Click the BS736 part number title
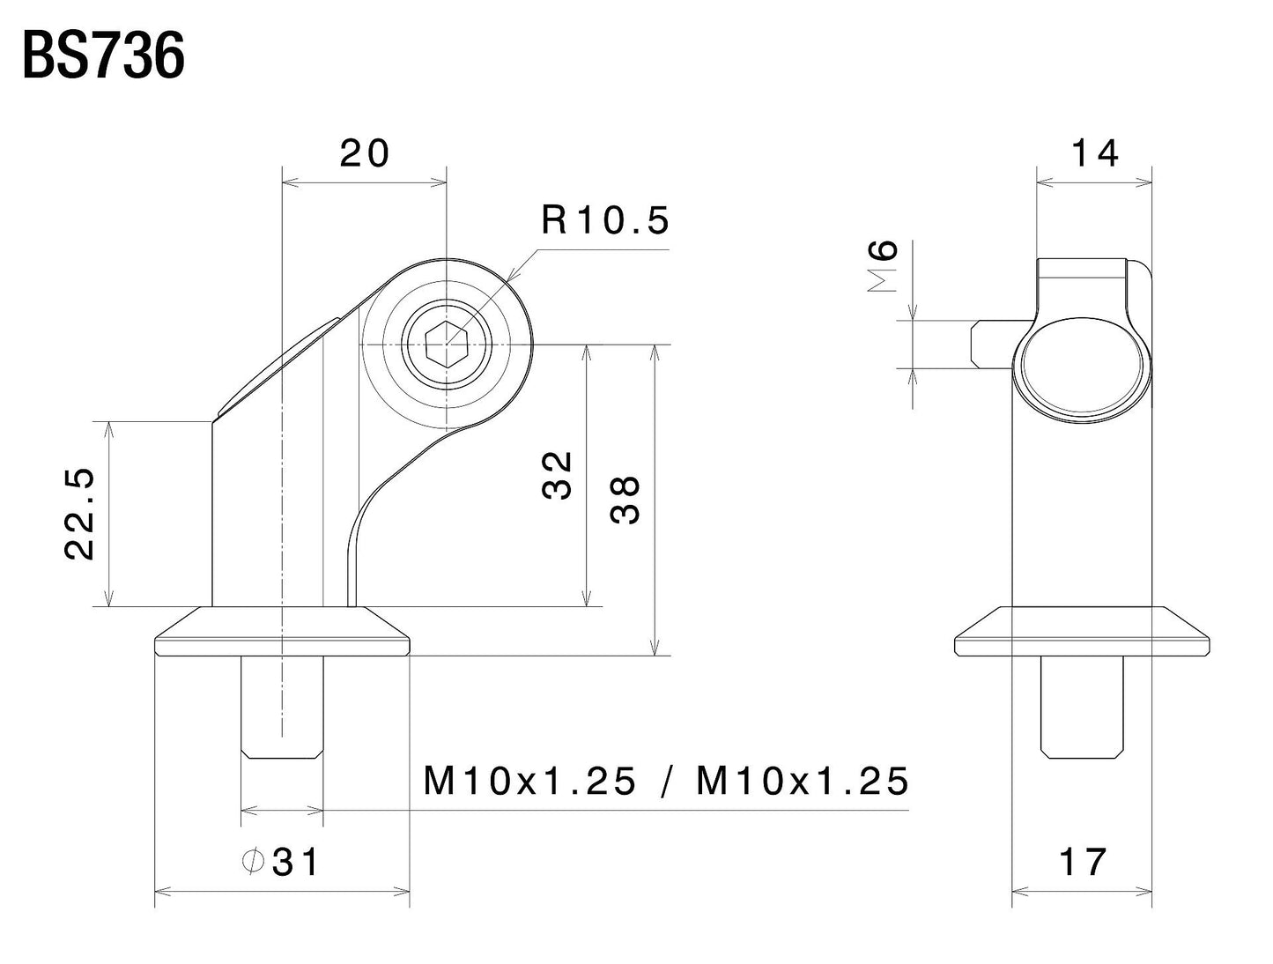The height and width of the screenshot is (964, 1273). [x=103, y=59]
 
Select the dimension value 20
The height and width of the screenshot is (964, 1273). [x=364, y=154]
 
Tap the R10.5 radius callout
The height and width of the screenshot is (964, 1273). [x=605, y=220]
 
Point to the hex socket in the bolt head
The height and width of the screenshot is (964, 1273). [x=447, y=344]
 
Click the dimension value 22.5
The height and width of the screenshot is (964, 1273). [x=80, y=515]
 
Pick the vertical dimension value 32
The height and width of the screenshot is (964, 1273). [x=558, y=476]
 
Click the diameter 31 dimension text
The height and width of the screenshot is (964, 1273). [x=294, y=863]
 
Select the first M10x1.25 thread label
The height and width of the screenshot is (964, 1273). [x=529, y=781]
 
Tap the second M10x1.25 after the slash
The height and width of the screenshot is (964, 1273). [x=803, y=781]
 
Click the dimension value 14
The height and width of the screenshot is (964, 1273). [x=1094, y=154]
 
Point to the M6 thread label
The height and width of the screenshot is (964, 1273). [x=884, y=265]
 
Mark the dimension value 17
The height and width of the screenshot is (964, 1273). [x=1082, y=863]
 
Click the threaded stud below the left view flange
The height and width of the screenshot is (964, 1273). [x=282, y=705]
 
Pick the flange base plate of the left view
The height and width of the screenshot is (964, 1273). [x=282, y=633]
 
